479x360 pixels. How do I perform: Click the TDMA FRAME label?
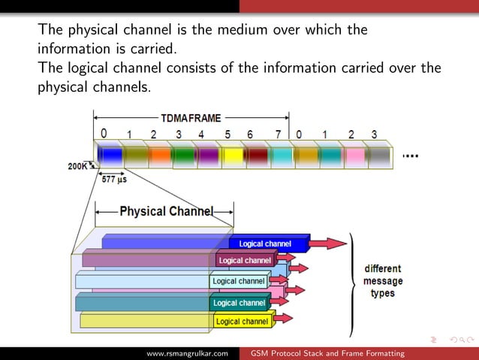pyautogui.click(x=191, y=118)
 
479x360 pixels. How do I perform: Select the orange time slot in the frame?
pyautogui.click(x=159, y=155)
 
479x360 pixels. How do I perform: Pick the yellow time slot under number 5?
pyautogui.click(x=233, y=155)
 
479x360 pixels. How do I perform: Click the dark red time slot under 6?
pyautogui.click(x=257, y=155)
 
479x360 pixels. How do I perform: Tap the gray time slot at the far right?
pyautogui.click(x=379, y=155)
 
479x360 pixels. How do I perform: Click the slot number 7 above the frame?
pyautogui.click(x=278, y=135)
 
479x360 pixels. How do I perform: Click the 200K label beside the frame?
pyautogui.click(x=77, y=167)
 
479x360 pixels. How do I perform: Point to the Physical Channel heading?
pyautogui.click(x=166, y=211)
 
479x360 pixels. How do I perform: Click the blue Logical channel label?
pyautogui.click(x=264, y=244)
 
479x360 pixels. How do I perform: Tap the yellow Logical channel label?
pyautogui.click(x=242, y=321)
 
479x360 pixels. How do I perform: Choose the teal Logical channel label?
pyautogui.click(x=239, y=303)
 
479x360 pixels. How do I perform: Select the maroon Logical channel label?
pyautogui.click(x=245, y=260)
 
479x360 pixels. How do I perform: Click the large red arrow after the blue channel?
pyautogui.click(x=330, y=243)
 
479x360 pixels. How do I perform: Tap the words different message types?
pyautogui.click(x=383, y=280)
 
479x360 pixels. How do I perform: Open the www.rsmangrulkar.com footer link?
pyautogui.click(x=187, y=353)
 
